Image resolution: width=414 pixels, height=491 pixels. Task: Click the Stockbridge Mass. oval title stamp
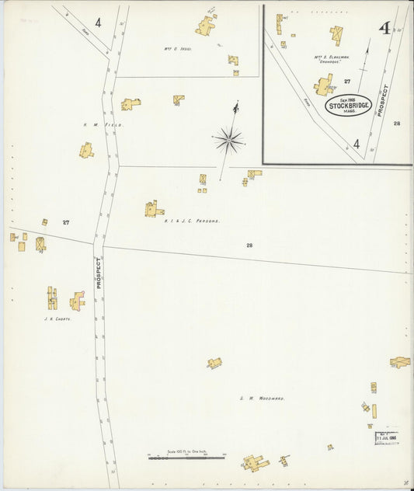click(x=349, y=105)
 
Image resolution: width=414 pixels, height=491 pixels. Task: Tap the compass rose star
click(x=229, y=140)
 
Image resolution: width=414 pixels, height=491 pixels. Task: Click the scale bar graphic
click(x=186, y=457)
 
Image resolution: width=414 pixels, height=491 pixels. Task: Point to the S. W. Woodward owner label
click(x=262, y=398)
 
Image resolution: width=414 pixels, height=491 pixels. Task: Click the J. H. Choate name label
click(x=57, y=318)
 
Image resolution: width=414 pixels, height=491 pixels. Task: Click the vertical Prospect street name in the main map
click(x=99, y=273)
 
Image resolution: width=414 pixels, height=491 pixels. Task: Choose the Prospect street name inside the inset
click(x=381, y=100)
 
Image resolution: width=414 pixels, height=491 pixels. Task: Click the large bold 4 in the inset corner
click(x=384, y=29)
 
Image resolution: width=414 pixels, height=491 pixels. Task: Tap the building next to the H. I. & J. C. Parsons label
click(x=153, y=208)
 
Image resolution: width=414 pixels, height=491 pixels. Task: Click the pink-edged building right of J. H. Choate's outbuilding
click(x=77, y=301)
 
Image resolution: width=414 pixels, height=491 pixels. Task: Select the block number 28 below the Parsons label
click(x=249, y=245)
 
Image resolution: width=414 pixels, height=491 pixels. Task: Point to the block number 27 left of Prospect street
click(x=66, y=222)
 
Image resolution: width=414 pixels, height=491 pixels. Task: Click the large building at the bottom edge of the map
click(x=255, y=463)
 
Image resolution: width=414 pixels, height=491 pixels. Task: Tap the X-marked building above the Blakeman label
click(x=336, y=34)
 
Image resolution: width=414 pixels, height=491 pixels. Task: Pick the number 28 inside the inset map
click(x=397, y=124)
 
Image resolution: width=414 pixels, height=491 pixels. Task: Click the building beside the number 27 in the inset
click(x=324, y=85)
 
